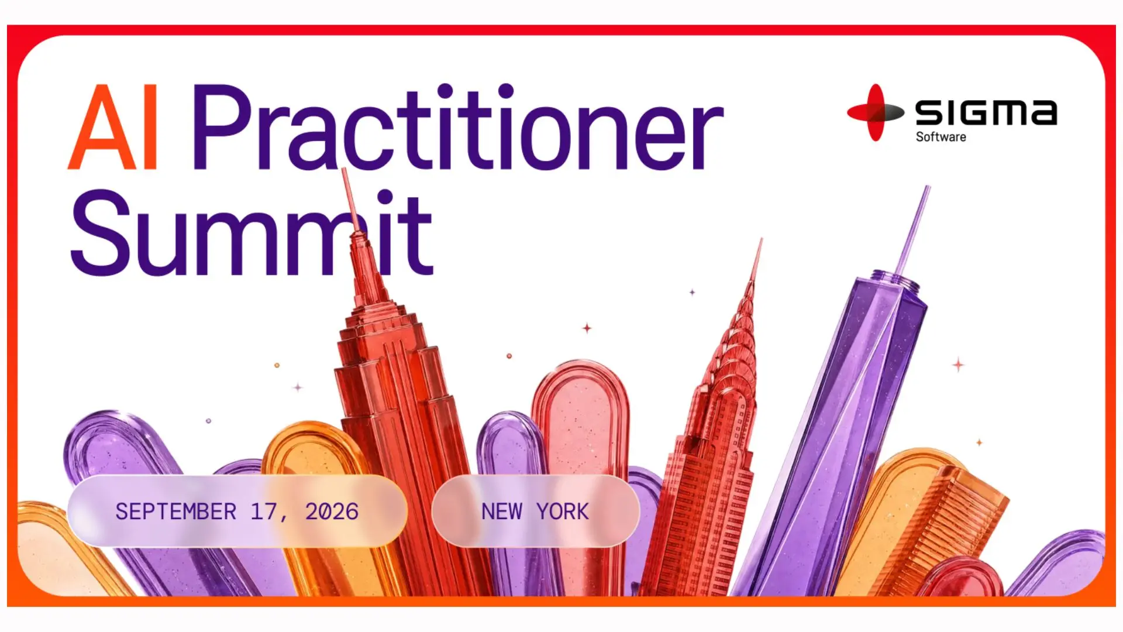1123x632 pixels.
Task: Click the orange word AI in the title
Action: click(113, 127)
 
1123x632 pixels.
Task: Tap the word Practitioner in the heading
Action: click(458, 127)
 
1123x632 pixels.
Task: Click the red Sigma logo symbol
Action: click(875, 112)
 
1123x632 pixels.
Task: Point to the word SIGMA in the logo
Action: click(986, 112)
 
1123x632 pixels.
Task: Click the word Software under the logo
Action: click(941, 137)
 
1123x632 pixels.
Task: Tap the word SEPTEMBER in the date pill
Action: click(176, 512)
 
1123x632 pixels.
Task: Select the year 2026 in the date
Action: click(332, 512)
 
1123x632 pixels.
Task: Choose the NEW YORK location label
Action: click(535, 512)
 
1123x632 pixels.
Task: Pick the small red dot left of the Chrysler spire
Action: click(509, 356)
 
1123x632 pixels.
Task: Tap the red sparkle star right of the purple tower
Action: click(958, 365)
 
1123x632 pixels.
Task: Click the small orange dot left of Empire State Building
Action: click(277, 365)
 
